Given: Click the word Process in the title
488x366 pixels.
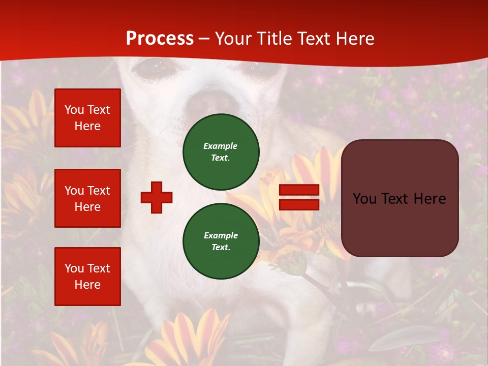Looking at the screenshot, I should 160,39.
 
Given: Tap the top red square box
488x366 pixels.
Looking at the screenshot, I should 87,118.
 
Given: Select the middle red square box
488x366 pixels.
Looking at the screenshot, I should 87,198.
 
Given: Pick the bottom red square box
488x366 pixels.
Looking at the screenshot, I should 87,277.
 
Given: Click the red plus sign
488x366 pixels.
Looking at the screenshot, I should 157,197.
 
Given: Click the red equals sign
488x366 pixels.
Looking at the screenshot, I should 299,197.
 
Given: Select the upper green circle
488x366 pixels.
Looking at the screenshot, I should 221,152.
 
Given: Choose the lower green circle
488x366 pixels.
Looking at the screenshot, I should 221,241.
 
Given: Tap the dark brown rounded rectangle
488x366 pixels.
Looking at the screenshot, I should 400,198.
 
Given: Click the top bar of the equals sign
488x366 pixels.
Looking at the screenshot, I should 299,190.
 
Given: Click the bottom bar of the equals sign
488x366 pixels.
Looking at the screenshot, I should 299,204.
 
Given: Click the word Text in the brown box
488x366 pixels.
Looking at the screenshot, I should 399,199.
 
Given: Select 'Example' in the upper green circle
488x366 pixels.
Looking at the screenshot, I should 221,146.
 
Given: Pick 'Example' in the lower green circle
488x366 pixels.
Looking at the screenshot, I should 221,235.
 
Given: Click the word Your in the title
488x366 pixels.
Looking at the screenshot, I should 233,39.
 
